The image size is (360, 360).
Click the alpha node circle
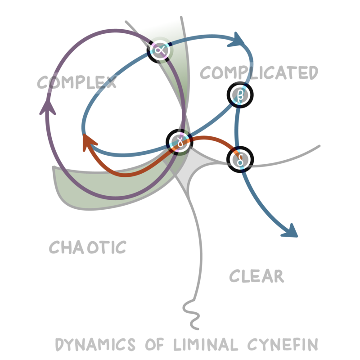[x=160, y=50]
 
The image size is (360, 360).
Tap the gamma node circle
[x=179, y=142]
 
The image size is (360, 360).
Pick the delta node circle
[x=240, y=159]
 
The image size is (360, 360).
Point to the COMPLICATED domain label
[x=259, y=73]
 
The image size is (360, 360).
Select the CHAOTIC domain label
[x=88, y=247]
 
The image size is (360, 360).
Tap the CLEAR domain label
[x=256, y=276]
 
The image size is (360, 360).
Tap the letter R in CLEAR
[x=278, y=276]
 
